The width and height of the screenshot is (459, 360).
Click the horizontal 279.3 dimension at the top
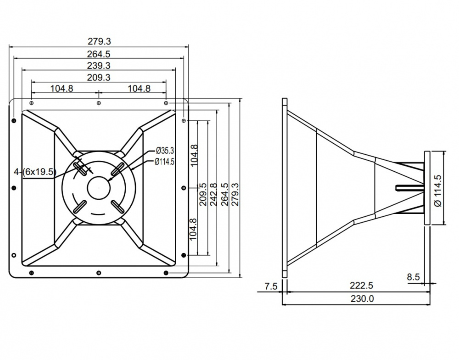tap(99, 42)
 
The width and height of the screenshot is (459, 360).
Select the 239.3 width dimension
tap(99, 66)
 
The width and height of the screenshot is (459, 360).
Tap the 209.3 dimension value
tap(99, 78)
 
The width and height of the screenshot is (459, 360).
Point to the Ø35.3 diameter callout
tap(165, 150)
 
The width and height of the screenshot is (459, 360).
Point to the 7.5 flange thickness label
tap(271, 286)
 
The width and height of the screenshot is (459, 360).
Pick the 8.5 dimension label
tap(413, 276)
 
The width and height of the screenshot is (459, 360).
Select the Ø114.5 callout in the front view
tap(165, 161)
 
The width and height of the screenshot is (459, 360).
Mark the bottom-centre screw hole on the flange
tap(99, 273)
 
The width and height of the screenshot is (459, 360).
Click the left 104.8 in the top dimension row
tap(62, 89)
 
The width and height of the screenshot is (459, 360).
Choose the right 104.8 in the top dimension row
tap(139, 89)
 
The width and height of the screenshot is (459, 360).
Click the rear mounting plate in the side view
tap(427, 188)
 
